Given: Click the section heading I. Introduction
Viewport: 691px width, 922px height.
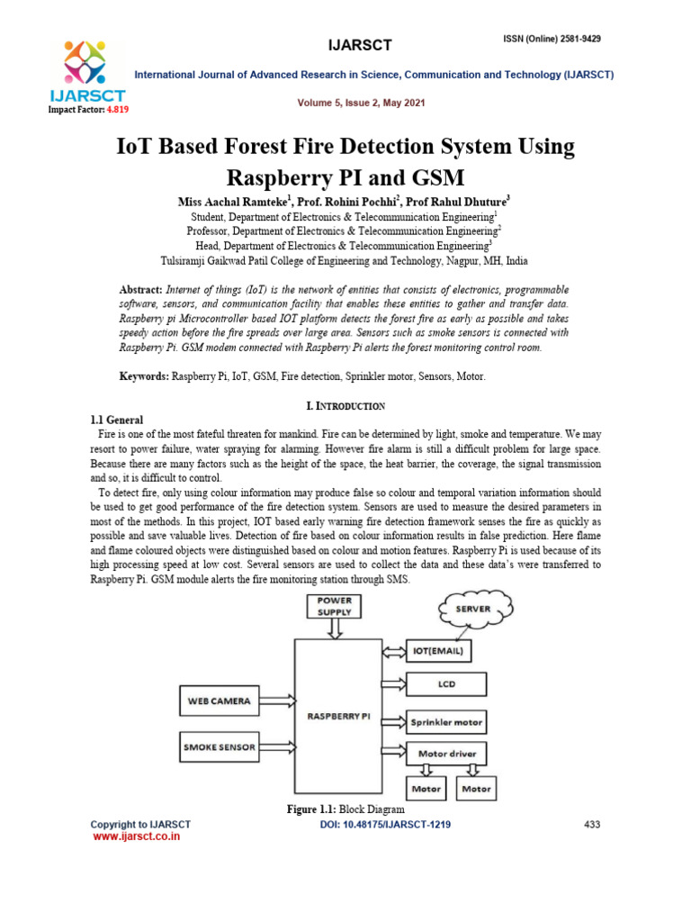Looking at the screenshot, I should tap(345, 406).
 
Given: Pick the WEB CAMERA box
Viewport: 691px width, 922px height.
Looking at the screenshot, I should tap(218, 700).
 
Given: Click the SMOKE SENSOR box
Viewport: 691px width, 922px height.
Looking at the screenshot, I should tap(219, 746).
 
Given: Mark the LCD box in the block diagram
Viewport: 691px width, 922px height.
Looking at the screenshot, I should tap(446, 684).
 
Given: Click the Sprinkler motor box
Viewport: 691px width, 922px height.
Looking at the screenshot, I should tap(446, 722).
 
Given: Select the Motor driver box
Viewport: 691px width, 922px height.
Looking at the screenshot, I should tap(446, 753).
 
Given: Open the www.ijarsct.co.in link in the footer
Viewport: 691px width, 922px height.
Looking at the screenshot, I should tap(138, 836).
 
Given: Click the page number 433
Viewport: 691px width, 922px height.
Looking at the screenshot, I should tap(592, 824).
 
